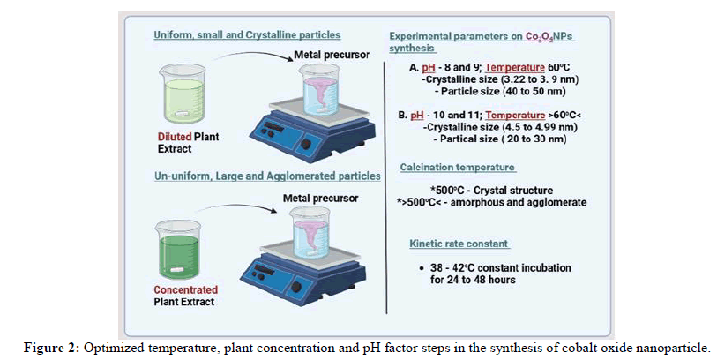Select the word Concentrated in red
click(x=185, y=289)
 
